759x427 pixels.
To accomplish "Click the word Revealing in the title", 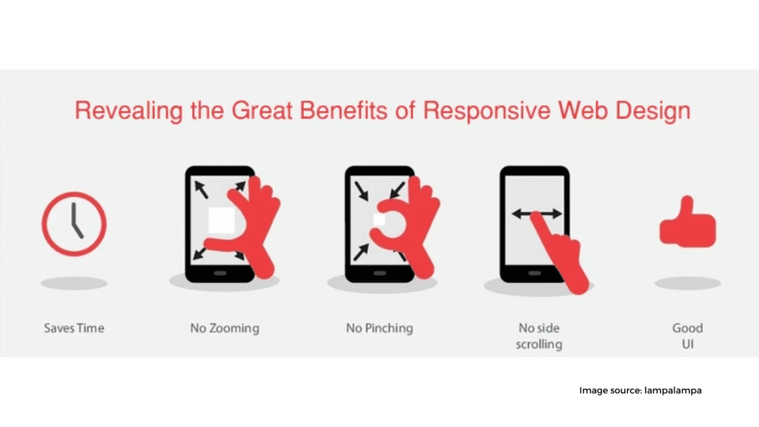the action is tap(129, 111).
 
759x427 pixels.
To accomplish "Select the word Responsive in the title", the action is tap(486, 111).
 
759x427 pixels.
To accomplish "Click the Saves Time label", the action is tap(74, 328).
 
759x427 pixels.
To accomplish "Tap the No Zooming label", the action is tap(225, 328).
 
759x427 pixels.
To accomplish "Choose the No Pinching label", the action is tap(379, 328).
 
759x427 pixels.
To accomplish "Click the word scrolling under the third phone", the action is tap(539, 345).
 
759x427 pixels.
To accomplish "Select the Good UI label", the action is tap(687, 336).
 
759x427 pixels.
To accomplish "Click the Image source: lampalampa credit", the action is tap(640, 390).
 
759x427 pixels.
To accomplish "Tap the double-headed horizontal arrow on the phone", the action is tap(537, 213).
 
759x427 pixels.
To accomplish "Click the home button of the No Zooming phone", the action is tap(219, 274).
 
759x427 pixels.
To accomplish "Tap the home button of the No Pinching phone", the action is tap(379, 274).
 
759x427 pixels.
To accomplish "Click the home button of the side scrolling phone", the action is tap(534, 274).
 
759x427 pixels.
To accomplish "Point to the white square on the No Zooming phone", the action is tap(222, 221).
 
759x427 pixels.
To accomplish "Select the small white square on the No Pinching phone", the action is tap(379, 220).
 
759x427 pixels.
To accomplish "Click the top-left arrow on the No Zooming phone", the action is tap(202, 189).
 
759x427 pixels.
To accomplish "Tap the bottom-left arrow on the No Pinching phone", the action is tap(361, 252).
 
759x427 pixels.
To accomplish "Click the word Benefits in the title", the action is tap(344, 111).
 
